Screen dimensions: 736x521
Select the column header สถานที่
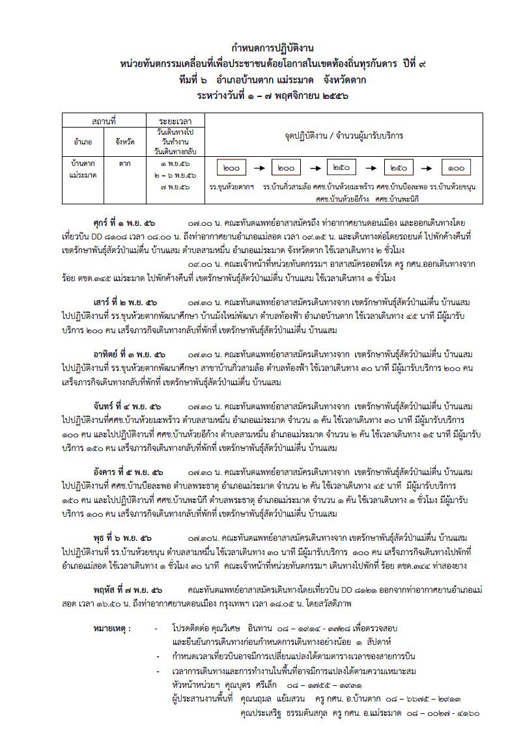click(104, 121)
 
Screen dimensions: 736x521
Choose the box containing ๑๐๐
click(457, 168)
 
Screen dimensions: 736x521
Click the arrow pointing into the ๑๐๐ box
click(431, 168)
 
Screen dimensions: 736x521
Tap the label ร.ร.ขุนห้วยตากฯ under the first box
click(231, 187)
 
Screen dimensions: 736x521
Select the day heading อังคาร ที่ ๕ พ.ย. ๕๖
click(129, 472)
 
